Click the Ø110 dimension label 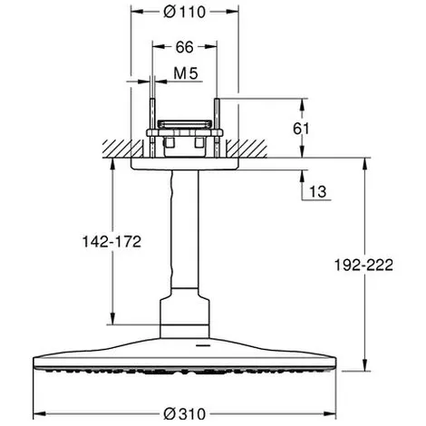point(185,12)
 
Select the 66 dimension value point(184,47)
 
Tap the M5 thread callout point(186,73)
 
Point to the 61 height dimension point(301,129)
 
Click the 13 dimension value point(318,191)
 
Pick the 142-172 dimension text point(111,242)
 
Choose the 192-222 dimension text point(363,266)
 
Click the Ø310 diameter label point(185,414)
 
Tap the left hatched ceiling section point(122,149)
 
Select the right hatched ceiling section point(247,149)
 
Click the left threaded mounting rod point(152,128)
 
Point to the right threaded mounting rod point(217,128)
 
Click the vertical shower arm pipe point(185,229)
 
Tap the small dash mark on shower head point(202,344)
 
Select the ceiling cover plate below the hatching point(185,163)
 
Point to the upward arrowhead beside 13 point(302,176)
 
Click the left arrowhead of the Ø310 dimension point(39,413)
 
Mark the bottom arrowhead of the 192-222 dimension point(365,364)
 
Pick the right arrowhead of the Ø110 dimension point(233,12)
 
